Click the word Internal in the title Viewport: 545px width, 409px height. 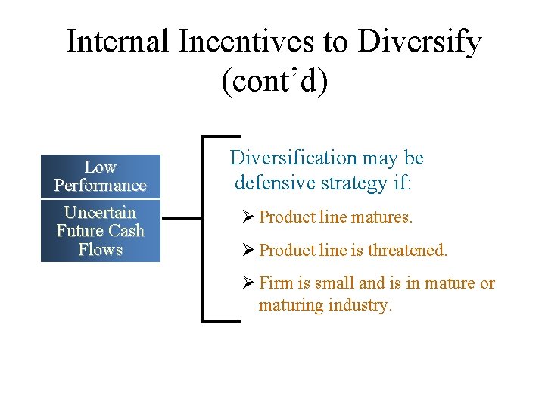[x=117, y=42]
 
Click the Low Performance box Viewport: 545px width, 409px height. [x=100, y=176]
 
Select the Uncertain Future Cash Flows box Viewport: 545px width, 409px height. [x=100, y=231]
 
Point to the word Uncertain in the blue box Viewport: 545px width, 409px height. [x=100, y=213]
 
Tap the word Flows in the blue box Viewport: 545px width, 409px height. [x=100, y=250]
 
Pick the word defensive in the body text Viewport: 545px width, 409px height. [x=272, y=183]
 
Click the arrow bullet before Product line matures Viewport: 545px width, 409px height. [x=249, y=217]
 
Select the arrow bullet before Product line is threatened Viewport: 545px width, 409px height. [x=249, y=250]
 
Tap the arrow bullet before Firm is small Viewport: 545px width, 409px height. [x=249, y=283]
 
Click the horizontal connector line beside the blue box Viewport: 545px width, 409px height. [x=182, y=218]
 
